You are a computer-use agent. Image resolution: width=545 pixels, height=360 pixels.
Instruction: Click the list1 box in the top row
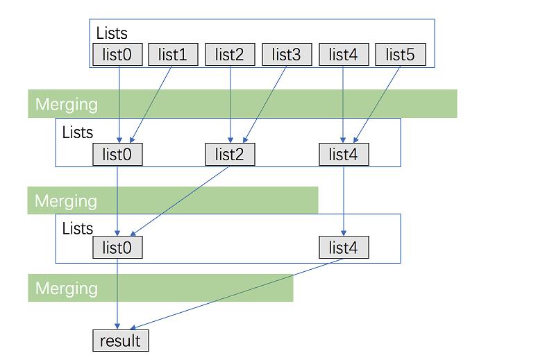click(173, 55)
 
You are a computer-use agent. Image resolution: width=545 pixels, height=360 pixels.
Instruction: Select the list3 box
click(287, 55)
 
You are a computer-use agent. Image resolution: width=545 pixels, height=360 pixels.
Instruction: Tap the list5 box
click(401, 55)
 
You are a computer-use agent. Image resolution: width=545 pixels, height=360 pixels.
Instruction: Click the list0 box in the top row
click(117, 55)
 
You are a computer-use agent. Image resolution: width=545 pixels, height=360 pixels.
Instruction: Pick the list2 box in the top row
click(230, 55)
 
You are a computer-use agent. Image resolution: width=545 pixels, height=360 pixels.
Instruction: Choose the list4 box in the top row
click(344, 55)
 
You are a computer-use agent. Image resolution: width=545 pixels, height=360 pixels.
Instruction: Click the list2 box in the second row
click(230, 155)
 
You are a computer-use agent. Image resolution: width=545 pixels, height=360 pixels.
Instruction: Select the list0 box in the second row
click(117, 155)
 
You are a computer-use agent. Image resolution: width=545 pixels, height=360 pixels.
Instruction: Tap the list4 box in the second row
click(344, 155)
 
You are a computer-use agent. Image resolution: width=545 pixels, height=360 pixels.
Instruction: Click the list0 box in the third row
click(117, 248)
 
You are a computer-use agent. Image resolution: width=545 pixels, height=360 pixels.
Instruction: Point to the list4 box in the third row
click(344, 248)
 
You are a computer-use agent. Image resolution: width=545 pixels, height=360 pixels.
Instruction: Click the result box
click(120, 341)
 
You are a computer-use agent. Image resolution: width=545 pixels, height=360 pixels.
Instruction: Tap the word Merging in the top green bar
click(67, 105)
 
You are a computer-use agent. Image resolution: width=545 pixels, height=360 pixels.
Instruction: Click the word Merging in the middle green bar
click(66, 201)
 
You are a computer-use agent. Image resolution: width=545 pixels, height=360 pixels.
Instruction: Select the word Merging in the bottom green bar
click(67, 289)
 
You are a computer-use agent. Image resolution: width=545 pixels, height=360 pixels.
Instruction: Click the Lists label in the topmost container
click(112, 33)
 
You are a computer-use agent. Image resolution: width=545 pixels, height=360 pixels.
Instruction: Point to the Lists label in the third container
click(78, 228)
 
